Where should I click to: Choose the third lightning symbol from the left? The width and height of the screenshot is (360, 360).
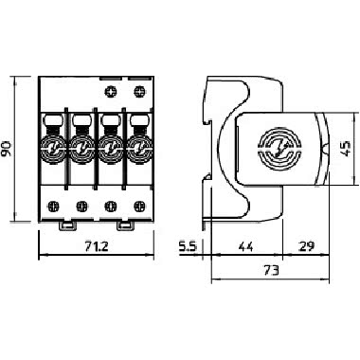coord(112,149)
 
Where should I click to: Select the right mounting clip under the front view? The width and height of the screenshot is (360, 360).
coord(125,226)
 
